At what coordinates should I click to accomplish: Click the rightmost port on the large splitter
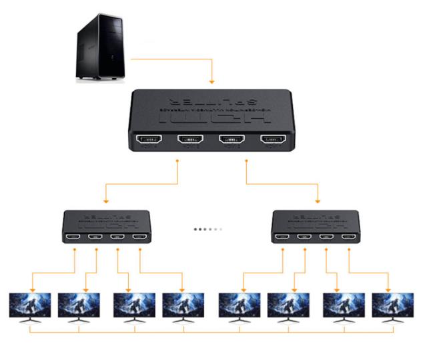[x=274, y=140]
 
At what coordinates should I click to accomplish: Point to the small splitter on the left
[x=107, y=227]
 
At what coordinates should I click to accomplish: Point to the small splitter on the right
[x=316, y=227]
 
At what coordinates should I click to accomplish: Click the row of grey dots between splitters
[x=208, y=228]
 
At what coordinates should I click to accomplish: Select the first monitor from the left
[x=29, y=306]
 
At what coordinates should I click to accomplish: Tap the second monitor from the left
[x=79, y=306]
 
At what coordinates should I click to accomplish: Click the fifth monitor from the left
[x=239, y=306]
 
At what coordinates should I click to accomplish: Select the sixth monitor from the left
[x=288, y=306]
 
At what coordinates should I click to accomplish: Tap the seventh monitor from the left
[x=344, y=306]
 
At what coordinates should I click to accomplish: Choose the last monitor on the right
[x=393, y=306]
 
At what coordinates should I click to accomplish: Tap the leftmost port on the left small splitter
[x=75, y=238]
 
